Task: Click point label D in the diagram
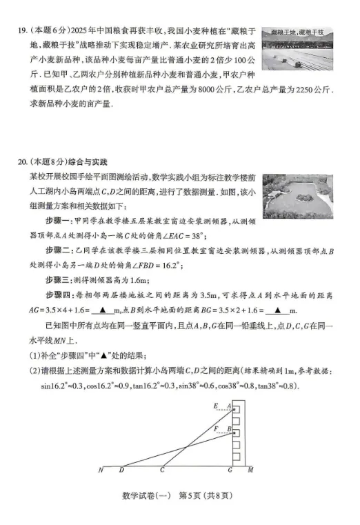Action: tap(121, 472)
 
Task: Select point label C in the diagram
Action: tap(163, 472)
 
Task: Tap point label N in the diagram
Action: tap(101, 472)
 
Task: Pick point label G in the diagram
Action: tap(230, 472)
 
